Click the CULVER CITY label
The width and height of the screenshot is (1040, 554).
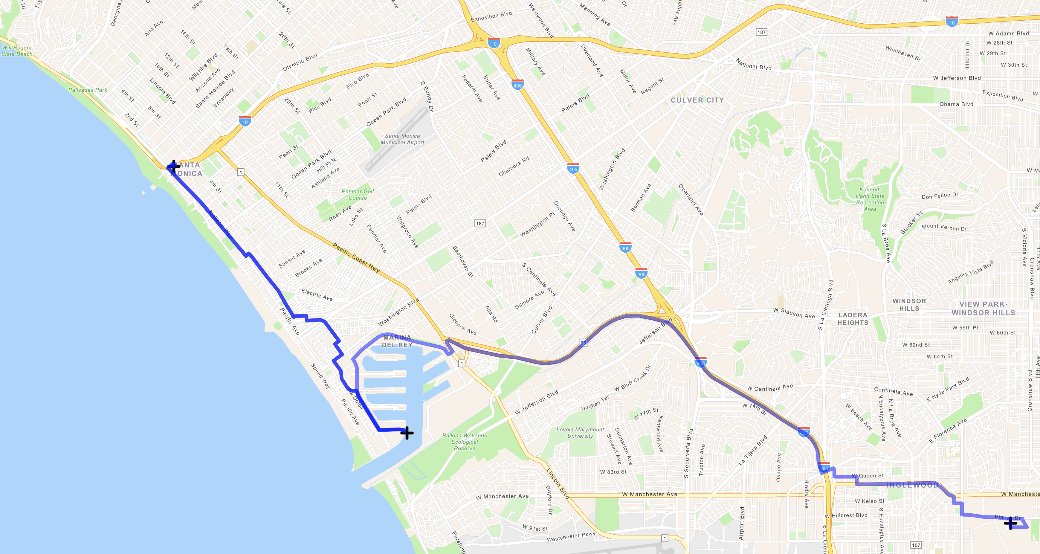pos(697,100)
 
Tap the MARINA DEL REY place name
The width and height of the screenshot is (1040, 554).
pos(397,341)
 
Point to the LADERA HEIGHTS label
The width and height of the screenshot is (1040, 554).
pos(853,319)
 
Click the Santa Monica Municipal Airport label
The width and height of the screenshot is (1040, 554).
pos(402,139)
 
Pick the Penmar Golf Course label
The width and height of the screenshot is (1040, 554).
pos(358,195)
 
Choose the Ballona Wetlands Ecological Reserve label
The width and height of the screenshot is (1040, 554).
pos(464,442)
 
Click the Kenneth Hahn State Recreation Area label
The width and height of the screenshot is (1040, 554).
pos(870,199)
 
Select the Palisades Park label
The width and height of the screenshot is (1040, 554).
pos(88,90)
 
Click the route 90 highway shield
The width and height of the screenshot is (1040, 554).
pos(583,343)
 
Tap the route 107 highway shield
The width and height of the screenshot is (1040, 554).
pos(916,545)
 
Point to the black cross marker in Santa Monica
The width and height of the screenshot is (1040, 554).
pos(174,166)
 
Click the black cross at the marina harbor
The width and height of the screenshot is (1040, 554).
pos(407,433)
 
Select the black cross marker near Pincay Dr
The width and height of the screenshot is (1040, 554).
pos(1010,524)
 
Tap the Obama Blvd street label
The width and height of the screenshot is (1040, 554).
pos(956,104)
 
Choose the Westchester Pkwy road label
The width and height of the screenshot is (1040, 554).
pos(571,537)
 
